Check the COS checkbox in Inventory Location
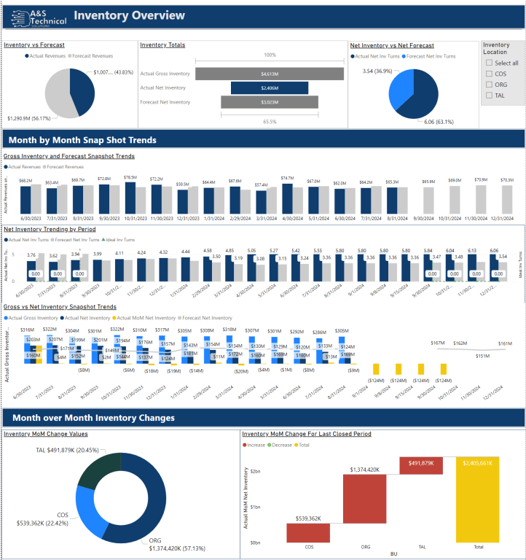[x=490, y=74]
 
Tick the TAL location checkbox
[x=490, y=96]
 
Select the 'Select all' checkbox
[x=490, y=63]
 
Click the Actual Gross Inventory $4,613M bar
[x=270, y=74]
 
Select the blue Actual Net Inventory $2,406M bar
[x=270, y=87]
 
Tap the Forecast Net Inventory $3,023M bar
[x=270, y=102]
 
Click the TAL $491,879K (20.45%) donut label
[x=67, y=450]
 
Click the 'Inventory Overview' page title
[x=130, y=16]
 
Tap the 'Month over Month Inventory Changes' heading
[x=92, y=418]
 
